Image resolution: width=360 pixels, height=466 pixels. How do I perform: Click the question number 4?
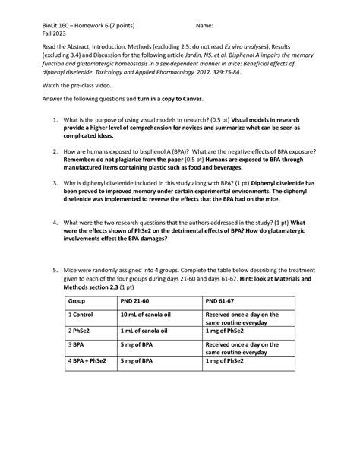(x=55, y=223)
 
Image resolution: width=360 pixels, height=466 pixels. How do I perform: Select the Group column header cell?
(x=79, y=300)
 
